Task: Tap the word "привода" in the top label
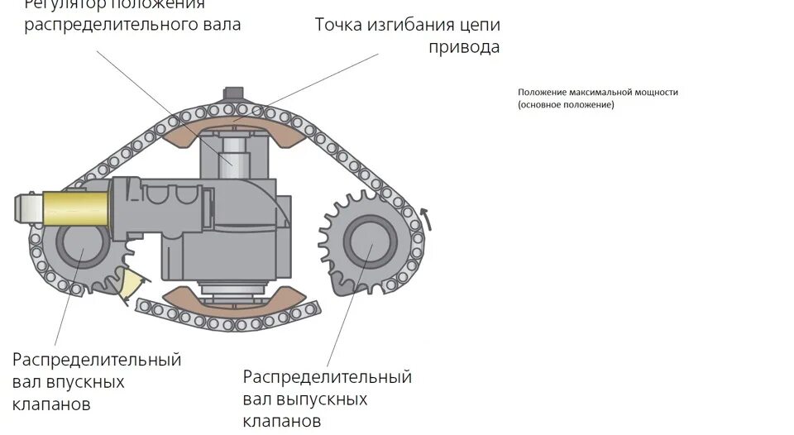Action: click(x=463, y=46)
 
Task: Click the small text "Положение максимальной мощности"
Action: click(x=598, y=93)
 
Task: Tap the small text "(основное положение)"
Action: click(x=567, y=105)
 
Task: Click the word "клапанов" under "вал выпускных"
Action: click(x=282, y=422)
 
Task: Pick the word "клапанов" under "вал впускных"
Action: click(x=51, y=404)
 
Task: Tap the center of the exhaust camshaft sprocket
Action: click(x=369, y=244)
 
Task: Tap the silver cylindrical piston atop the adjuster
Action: click(x=235, y=157)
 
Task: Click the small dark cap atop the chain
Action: click(x=235, y=93)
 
